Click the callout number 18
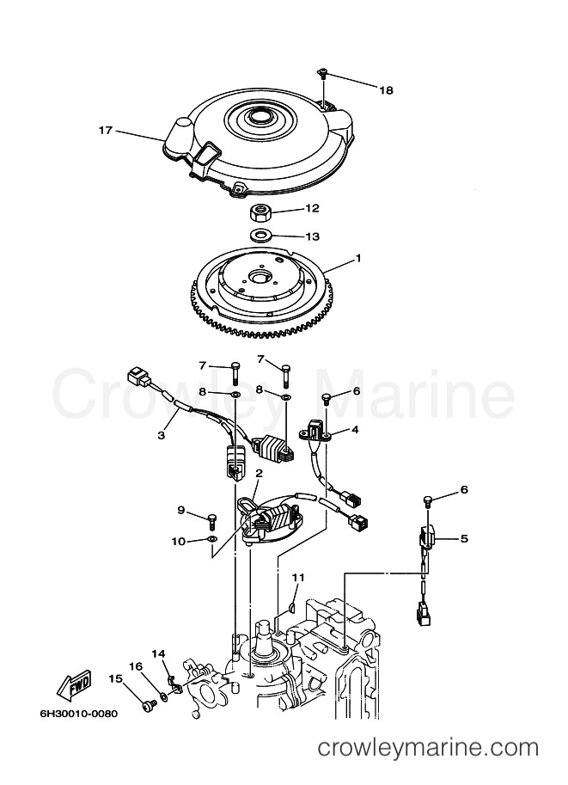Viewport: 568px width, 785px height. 386,90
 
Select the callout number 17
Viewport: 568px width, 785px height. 105,131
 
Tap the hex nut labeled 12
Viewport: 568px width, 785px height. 260,212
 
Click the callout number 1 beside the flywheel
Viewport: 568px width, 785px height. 357,258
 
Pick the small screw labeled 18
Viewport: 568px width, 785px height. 323,74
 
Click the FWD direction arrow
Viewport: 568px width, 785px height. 74,684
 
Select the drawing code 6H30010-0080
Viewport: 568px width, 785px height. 78,714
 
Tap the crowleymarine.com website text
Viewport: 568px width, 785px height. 428,748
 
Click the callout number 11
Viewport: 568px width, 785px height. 298,577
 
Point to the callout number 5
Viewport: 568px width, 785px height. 464,539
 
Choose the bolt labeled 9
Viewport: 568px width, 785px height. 211,521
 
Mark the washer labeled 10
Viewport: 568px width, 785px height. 211,540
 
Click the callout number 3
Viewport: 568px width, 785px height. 162,435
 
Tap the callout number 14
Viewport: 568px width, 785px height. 158,653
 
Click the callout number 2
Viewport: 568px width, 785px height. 259,473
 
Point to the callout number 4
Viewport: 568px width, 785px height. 354,430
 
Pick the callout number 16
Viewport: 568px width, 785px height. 135,666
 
